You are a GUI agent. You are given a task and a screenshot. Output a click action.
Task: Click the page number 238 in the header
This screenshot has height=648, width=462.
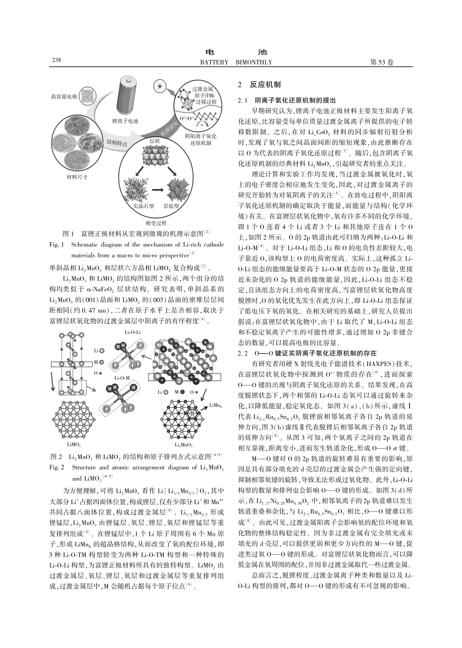click(56, 60)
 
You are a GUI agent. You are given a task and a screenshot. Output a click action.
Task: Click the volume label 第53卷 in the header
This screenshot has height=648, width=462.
click(382, 62)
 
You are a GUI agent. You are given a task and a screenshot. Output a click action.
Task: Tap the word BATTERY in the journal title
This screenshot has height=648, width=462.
click(214, 62)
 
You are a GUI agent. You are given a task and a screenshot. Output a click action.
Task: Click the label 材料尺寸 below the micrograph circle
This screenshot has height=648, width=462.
click(77, 177)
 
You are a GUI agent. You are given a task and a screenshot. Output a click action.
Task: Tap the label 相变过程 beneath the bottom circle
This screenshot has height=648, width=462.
click(156, 223)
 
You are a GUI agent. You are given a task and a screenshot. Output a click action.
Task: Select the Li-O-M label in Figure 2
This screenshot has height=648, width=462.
click(122, 377)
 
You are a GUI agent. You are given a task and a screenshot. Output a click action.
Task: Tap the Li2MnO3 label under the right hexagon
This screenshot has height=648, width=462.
click(185, 444)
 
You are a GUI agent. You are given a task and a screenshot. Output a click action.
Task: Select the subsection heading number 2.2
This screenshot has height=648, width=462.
click(242, 352)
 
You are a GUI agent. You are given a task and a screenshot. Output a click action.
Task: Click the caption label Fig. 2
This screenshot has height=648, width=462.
click(58, 468)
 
